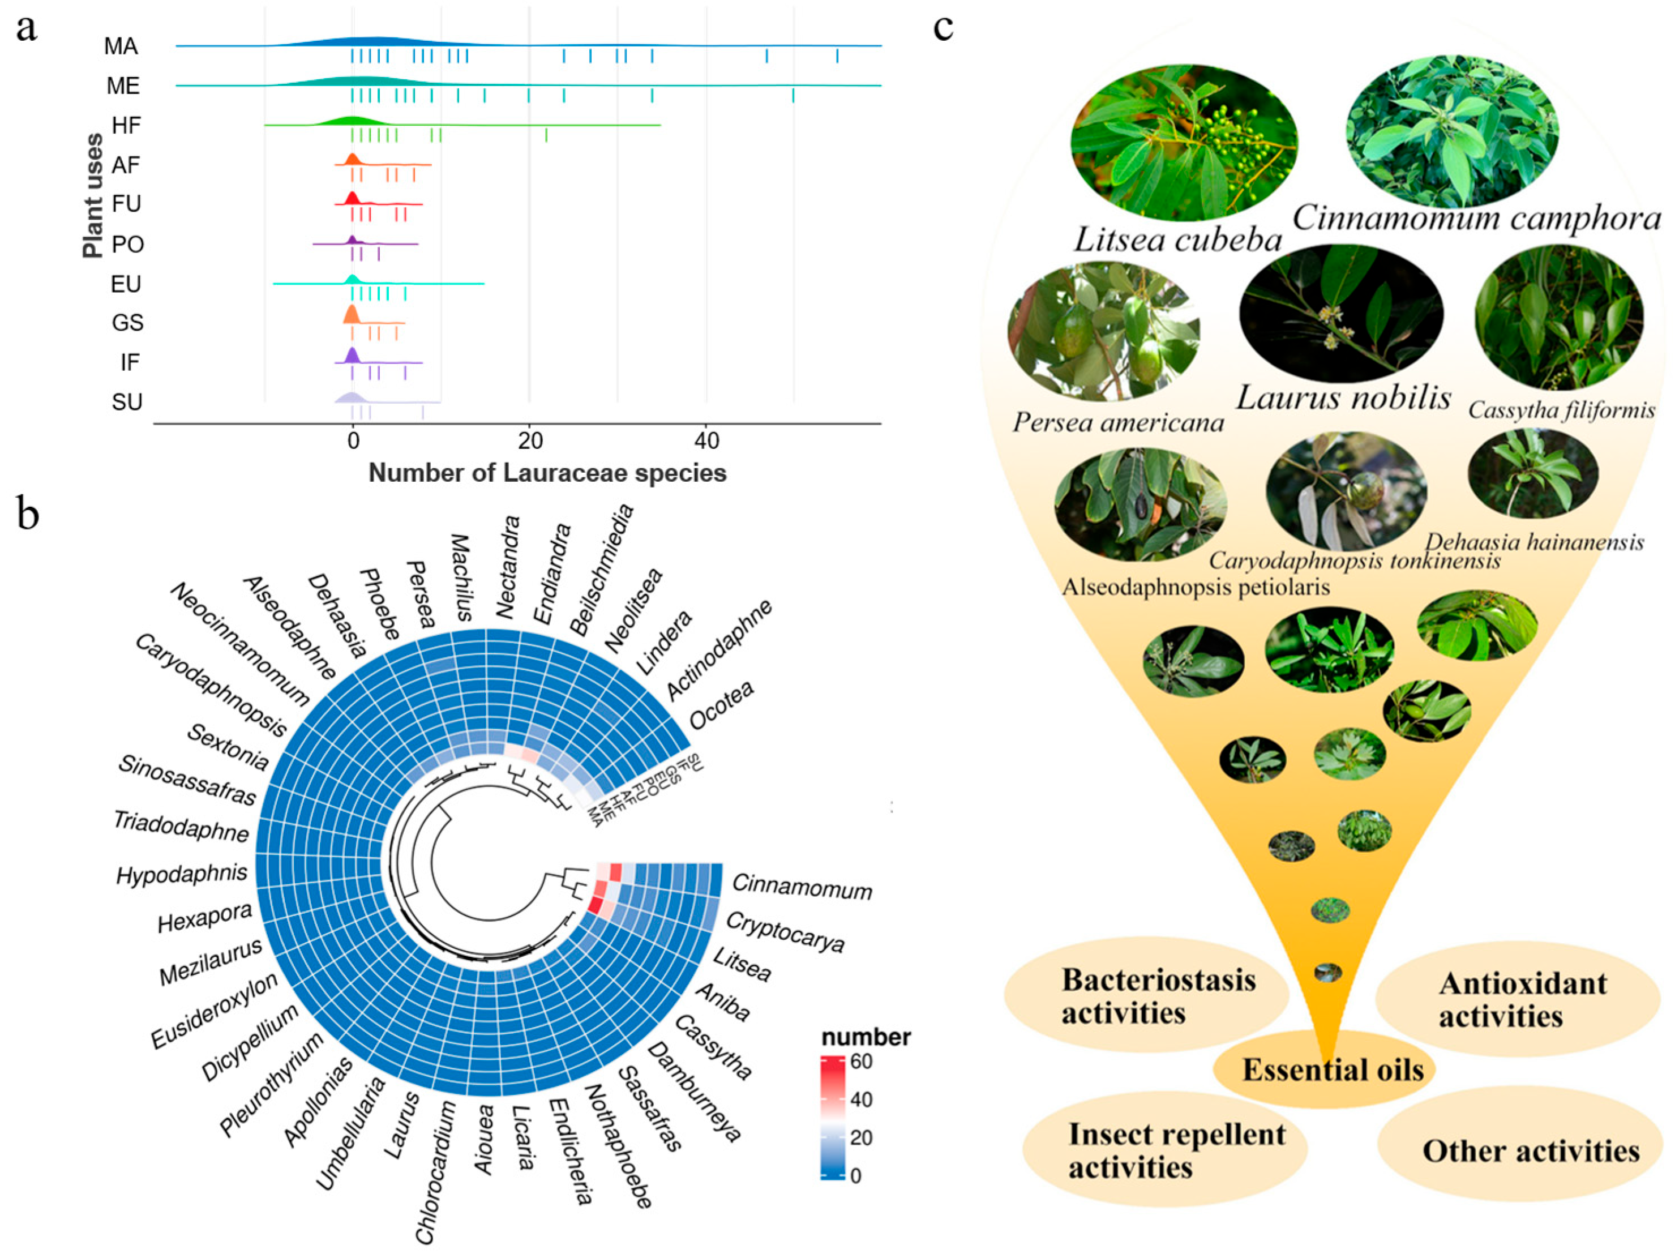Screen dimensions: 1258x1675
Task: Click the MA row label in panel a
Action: (121, 47)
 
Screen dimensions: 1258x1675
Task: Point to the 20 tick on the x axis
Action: (530, 441)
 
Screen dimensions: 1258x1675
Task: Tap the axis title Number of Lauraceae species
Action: (547, 473)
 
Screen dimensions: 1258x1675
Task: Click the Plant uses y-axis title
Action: (93, 195)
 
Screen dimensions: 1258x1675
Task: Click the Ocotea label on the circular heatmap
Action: (721, 704)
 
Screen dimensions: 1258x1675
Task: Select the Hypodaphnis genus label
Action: (182, 875)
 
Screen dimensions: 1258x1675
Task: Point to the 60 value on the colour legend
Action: (861, 1061)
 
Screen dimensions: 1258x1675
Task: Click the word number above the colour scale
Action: (866, 1037)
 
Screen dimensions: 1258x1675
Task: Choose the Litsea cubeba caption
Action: (1177, 240)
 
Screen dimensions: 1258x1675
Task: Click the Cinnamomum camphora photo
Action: (1451, 130)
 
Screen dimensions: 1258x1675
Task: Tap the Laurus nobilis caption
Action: (1343, 397)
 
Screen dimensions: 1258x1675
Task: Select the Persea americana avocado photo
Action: (1103, 332)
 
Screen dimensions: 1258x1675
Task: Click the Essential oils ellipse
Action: (1333, 1069)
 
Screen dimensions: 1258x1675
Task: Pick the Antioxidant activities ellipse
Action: (1522, 1000)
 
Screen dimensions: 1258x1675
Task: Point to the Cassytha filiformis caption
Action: (1561, 410)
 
